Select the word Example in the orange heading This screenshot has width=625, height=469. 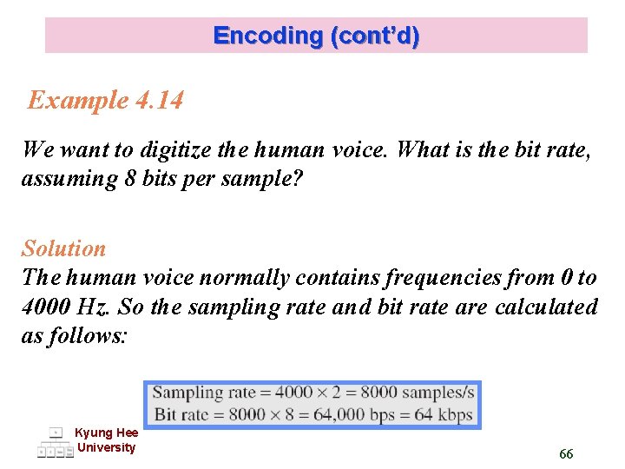pos(77,101)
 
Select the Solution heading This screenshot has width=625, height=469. pos(63,249)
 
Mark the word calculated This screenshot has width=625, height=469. pos(546,307)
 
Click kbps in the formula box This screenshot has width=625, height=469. pos(455,413)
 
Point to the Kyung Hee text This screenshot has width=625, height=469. pos(106,433)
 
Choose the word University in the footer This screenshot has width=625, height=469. pos(106,447)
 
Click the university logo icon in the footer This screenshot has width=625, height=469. pos(55,442)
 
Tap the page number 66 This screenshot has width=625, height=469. pos(566,454)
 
